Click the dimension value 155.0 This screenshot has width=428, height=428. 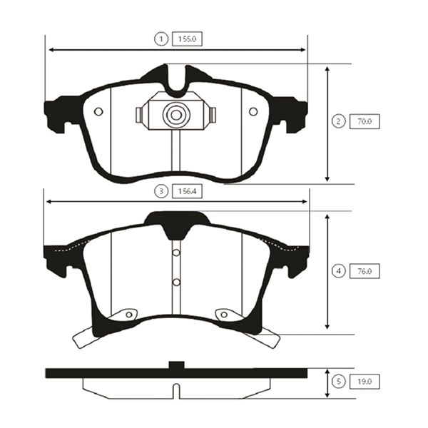coord(187,39)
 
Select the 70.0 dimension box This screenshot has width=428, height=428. coord(365,121)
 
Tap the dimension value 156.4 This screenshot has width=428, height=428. coord(187,191)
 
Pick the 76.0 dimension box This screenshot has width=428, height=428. coord(365,271)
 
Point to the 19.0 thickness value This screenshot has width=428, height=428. coord(365,382)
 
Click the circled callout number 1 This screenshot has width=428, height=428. coord(161,39)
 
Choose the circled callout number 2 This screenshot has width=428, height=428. coord(338,121)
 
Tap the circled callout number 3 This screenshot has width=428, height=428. coord(161,191)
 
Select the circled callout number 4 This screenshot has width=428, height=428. coord(338,271)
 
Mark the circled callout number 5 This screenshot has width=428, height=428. coord(338,382)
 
